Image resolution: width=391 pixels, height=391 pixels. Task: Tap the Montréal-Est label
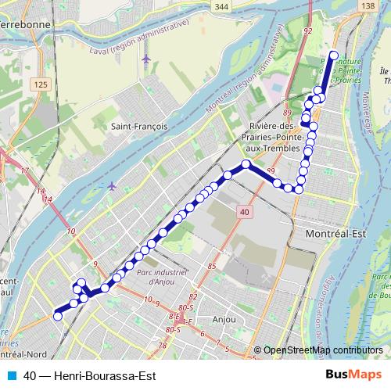(x=323, y=235)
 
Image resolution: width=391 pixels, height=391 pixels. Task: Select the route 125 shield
(x=41, y=84)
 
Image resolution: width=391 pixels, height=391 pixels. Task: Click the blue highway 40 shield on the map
(x=245, y=211)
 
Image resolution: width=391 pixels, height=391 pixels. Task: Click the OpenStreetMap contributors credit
(x=322, y=350)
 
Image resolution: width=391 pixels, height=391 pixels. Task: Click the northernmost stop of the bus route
(x=333, y=55)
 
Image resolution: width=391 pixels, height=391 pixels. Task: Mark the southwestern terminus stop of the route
(x=56, y=316)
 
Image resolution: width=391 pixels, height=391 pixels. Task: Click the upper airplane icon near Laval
(x=145, y=59)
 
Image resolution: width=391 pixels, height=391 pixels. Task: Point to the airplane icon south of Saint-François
(x=112, y=186)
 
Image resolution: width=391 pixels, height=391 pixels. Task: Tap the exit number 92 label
(x=307, y=31)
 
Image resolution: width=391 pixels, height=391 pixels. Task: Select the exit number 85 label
(x=210, y=267)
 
